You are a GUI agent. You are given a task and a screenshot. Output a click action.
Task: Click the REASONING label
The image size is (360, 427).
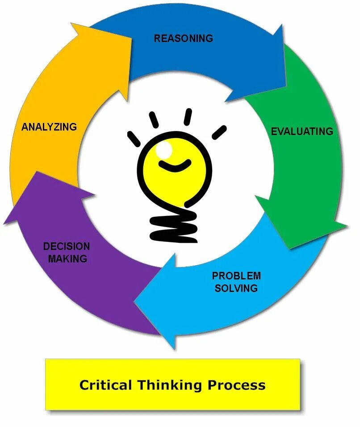coord(183,38)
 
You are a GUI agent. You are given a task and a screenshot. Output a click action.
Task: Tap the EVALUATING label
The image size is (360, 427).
coord(302,131)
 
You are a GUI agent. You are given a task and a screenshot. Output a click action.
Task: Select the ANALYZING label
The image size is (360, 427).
coord(49,127)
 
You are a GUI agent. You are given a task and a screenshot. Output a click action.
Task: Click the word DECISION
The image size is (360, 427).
coord(67,246)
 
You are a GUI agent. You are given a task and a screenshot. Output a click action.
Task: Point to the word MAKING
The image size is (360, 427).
coord(67,258)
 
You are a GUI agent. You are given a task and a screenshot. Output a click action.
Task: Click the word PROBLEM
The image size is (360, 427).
coord(236,275)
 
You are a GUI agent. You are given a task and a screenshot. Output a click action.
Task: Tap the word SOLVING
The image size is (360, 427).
coord(236,288)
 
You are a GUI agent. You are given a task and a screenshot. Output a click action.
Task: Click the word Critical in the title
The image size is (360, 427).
coord(106,385)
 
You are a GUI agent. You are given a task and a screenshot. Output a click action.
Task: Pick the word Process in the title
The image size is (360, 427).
coord(237,385)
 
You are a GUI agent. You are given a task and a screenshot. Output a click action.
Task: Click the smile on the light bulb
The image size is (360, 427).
coord(175,166)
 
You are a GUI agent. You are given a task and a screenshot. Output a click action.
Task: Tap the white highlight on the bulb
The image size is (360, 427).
coord(164,150)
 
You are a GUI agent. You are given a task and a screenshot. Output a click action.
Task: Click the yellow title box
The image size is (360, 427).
coord(172,385)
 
